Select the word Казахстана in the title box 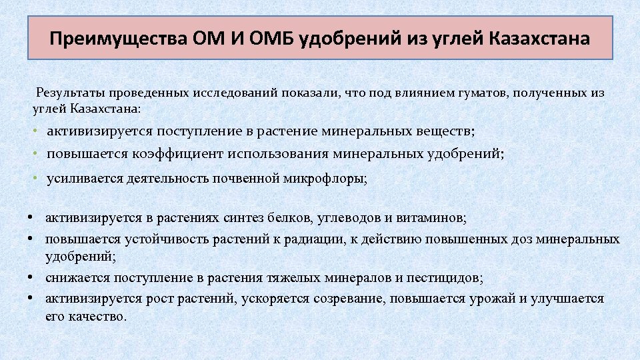point(539,38)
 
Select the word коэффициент point(179,154)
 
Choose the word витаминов point(434,218)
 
